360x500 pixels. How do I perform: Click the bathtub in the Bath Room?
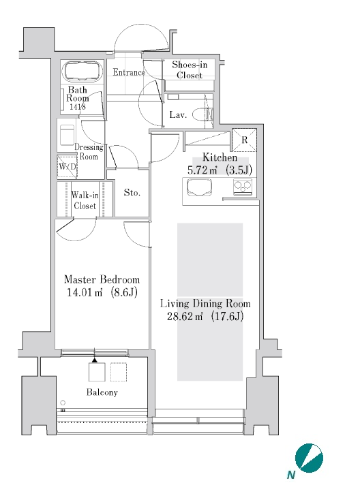[x=84, y=71]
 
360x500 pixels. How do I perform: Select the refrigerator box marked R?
[x=244, y=140]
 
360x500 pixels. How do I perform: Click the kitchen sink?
[x=200, y=187]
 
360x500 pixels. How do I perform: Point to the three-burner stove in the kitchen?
[x=243, y=187]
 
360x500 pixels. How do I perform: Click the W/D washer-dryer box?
[x=67, y=167]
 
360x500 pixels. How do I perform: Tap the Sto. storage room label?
[x=132, y=193]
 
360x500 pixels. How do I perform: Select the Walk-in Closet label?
[x=85, y=200]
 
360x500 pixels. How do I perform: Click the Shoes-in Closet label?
[x=190, y=70]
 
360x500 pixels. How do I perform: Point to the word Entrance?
[x=129, y=72]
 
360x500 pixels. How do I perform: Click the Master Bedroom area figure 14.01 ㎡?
[x=85, y=292]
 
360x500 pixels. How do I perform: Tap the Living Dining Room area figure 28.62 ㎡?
[x=185, y=316]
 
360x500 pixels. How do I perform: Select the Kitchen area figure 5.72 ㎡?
[x=202, y=170]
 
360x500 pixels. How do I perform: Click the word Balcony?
[x=102, y=392]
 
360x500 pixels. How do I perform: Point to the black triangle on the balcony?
[x=95, y=360]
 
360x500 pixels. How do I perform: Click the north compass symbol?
[x=309, y=458]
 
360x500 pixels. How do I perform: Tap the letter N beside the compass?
[x=290, y=475]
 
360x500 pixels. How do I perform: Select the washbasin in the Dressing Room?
[x=67, y=135]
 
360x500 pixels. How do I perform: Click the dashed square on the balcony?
[x=119, y=372]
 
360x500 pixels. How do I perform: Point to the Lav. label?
[x=178, y=115]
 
